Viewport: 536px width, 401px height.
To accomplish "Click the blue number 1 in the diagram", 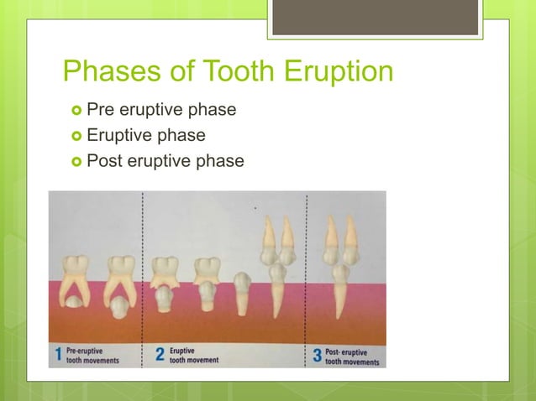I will (58, 355).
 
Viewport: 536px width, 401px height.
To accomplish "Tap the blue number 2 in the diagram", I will (159, 355).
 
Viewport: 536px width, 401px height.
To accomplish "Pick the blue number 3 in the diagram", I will (317, 355).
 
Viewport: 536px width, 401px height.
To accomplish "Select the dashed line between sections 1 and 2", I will (143, 277).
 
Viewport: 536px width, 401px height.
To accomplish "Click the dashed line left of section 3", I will (306, 277).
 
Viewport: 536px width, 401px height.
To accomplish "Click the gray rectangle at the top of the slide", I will (375, 18).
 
